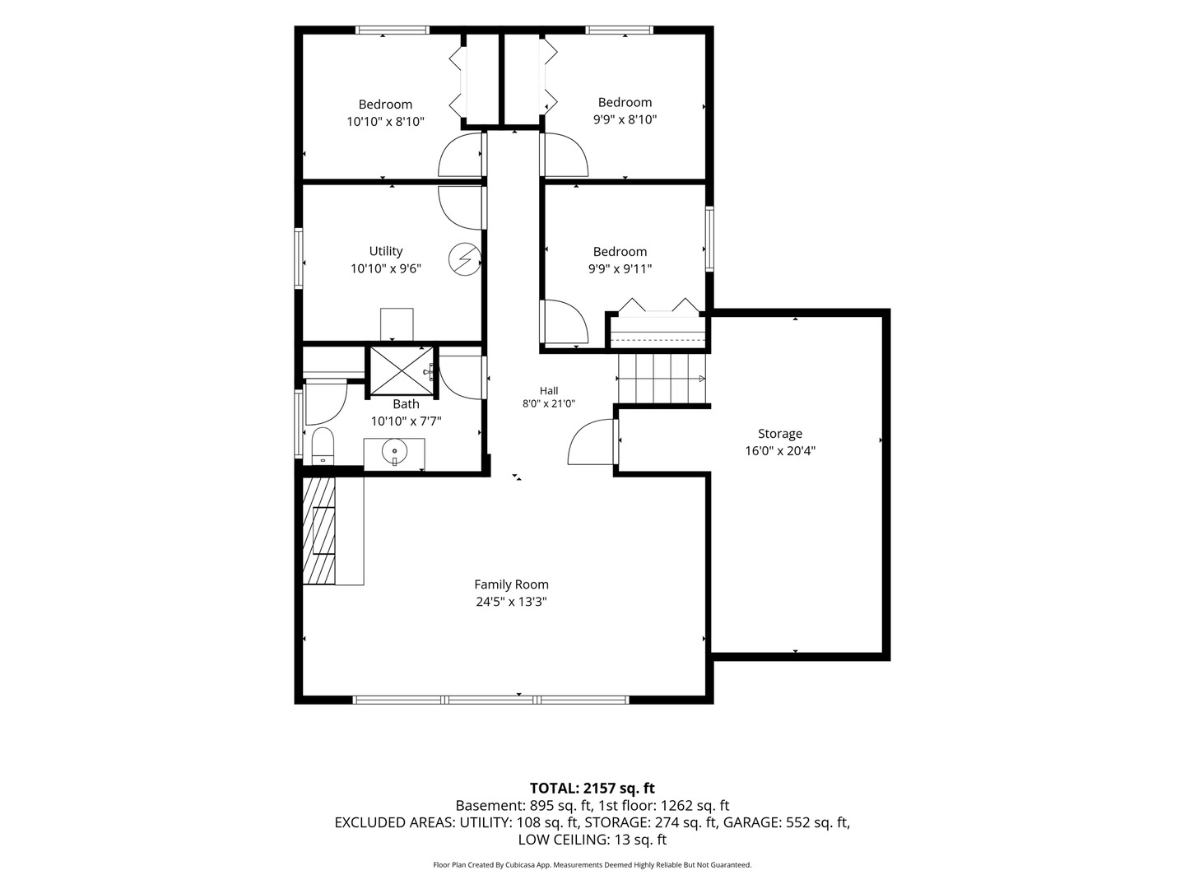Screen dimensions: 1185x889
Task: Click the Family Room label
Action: (511, 584)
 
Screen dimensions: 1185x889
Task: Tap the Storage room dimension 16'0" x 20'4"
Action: (780, 451)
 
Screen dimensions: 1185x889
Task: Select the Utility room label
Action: (385, 251)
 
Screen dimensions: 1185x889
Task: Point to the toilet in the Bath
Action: (323, 446)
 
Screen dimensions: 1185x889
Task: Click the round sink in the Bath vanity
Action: (394, 451)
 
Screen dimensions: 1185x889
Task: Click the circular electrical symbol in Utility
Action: (464, 259)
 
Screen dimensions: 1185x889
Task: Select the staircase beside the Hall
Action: (662, 379)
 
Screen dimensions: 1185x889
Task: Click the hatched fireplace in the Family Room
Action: (318, 531)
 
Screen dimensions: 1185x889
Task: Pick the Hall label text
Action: (549, 390)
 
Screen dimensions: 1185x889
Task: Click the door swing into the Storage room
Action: (591, 442)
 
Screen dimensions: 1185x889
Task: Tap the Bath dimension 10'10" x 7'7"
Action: (406, 421)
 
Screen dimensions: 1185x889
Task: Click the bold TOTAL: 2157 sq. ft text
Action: (592, 788)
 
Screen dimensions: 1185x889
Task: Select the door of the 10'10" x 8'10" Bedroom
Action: (461, 155)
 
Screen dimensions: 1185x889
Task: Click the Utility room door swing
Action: (461, 208)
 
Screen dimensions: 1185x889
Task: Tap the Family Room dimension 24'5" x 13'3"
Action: (511, 601)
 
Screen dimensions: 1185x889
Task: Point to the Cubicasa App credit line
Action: (592, 864)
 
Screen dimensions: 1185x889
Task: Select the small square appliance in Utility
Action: (397, 323)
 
